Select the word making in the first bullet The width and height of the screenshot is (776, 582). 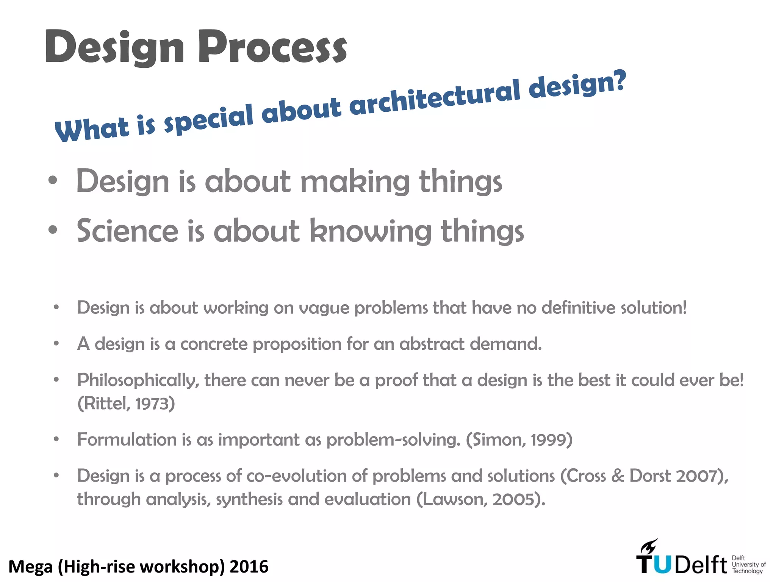pyautogui.click(x=355, y=182)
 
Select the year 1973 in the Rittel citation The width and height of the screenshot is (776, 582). pyautogui.click(x=155, y=404)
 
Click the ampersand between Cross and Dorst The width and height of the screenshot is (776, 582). pyautogui.click(x=618, y=476)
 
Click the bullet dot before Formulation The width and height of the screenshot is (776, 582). pyautogui.click(x=56, y=440)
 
